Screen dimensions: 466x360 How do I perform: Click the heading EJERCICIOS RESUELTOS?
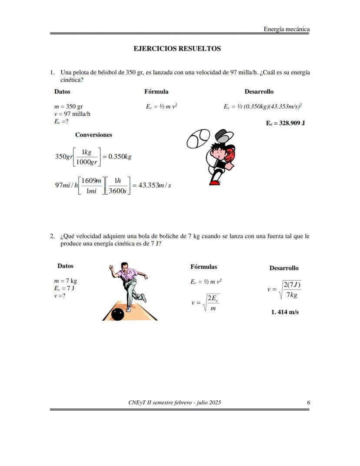coord(177,49)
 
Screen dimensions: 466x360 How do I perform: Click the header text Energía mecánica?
coord(287,29)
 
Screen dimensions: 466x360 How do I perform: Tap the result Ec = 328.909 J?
coord(285,123)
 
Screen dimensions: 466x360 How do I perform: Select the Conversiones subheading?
coord(93,135)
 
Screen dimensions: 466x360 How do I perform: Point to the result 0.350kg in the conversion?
coord(120,157)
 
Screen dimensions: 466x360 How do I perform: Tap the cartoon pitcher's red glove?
coord(229,154)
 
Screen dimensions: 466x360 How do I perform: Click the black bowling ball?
coord(117,314)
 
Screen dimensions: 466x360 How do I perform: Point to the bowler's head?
coord(124,266)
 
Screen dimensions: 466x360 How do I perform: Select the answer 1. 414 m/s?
coord(285,312)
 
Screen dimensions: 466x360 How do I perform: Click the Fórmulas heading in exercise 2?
coord(203,267)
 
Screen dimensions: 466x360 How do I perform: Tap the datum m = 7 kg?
coord(66,281)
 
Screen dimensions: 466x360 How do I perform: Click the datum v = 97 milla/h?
coord(72,114)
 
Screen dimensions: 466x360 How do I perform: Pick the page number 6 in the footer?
coord(308,402)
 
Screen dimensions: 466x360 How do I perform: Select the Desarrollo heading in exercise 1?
coord(259,92)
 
